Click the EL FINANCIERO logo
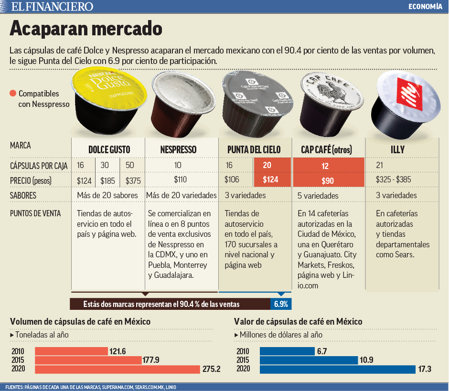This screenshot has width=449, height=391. point(53,6)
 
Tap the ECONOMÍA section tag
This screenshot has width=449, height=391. point(425,6)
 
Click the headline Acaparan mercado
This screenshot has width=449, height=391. point(86,28)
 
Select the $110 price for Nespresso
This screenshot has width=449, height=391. point(181,180)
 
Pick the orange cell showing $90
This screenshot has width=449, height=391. point(327,181)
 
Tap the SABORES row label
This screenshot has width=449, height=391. point(23,196)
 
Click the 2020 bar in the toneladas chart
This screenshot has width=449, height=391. point(118,369)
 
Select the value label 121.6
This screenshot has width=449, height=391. point(118,351)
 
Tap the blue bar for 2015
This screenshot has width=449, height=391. point(309,360)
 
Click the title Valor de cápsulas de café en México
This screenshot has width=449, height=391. point(298,322)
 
